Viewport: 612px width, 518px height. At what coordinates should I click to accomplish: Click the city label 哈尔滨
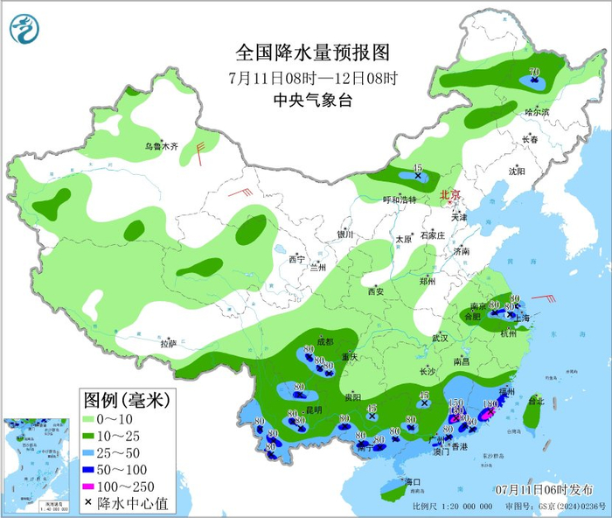[x=537, y=112]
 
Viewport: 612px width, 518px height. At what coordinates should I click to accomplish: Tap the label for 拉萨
[x=168, y=343]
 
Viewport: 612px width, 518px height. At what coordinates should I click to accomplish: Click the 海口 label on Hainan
[x=412, y=482]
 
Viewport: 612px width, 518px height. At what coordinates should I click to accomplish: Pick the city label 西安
[x=376, y=291]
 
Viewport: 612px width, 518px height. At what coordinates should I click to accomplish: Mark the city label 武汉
[x=439, y=338]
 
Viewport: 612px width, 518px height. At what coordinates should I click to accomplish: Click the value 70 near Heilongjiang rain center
[x=532, y=73]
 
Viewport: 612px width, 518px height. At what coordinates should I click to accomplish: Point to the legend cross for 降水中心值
[x=89, y=505]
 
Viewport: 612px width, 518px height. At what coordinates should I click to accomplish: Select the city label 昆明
[x=312, y=409]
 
